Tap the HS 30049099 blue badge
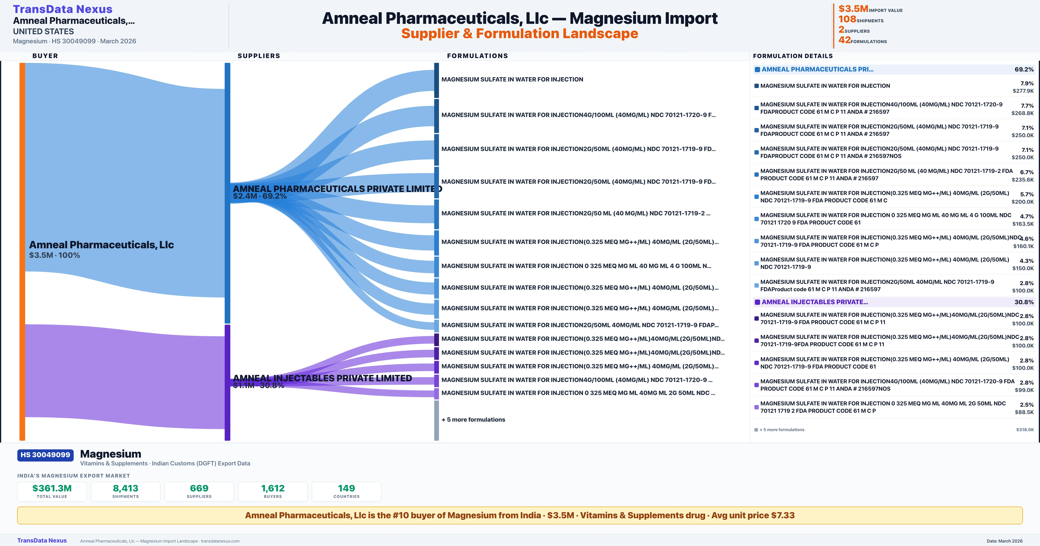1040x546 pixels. coord(45,455)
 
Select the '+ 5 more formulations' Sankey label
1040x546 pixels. coord(473,420)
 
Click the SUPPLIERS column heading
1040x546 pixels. coord(259,56)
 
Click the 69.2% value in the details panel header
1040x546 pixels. coord(1024,70)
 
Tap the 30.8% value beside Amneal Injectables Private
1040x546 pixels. coord(1024,302)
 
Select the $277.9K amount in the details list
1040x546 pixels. coord(1023,91)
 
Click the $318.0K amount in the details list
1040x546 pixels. coord(1025,430)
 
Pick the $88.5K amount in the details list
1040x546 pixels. coord(1024,412)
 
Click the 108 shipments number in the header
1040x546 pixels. coord(847,19)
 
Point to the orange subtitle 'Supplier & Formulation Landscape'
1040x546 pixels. coord(520,34)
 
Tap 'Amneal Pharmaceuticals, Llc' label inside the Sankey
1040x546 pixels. coord(101,245)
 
